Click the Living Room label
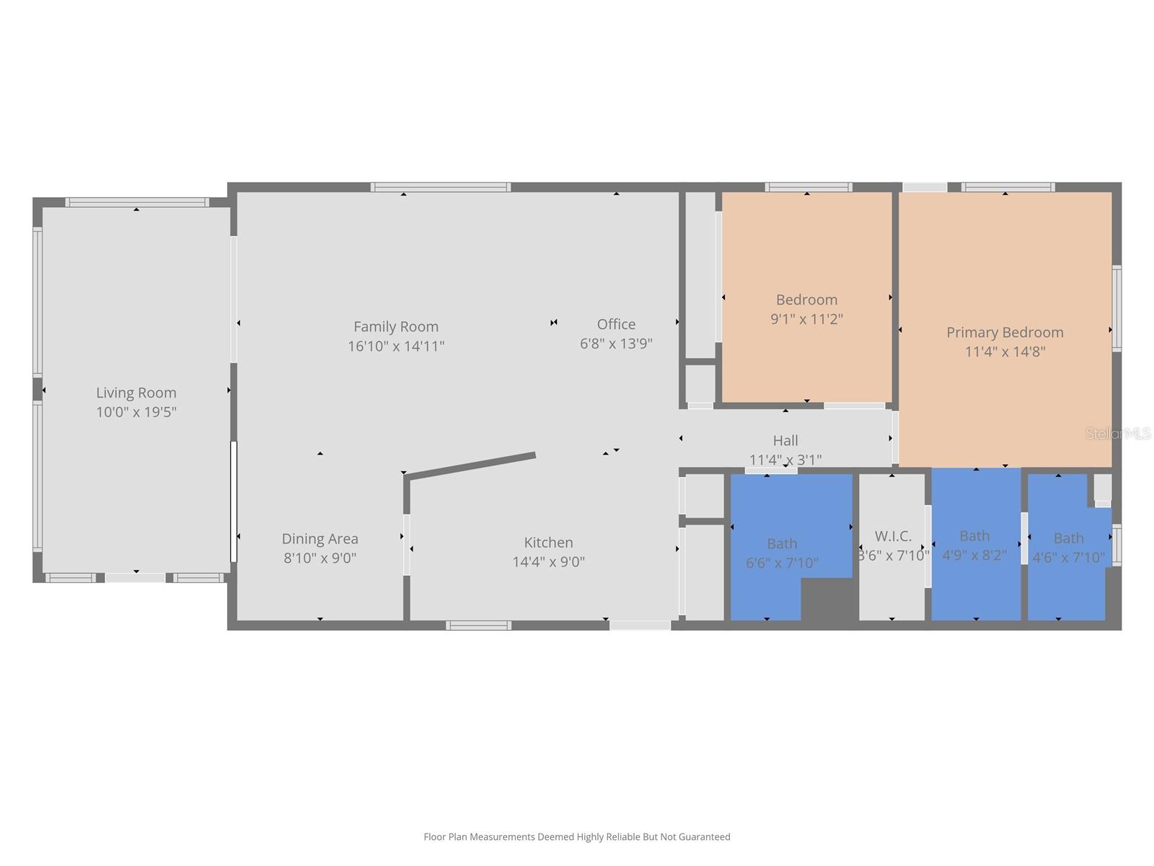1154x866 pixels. coord(136,393)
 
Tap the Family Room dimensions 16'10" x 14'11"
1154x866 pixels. coord(396,346)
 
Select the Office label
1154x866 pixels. coord(616,324)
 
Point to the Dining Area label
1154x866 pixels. coord(320,538)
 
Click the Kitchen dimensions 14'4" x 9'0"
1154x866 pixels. coord(548,561)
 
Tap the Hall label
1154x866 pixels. coord(785,440)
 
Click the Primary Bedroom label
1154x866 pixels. coord(1005,332)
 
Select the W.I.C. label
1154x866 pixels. coord(893,536)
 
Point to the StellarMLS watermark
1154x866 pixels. coord(1118,434)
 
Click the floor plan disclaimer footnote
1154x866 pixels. coord(576,837)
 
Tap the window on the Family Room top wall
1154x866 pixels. coord(441,188)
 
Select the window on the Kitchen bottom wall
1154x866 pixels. coord(478,626)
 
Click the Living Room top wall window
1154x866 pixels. coord(137,203)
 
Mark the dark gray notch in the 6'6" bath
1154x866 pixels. coord(828,599)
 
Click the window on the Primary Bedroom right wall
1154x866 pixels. coord(1116,309)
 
